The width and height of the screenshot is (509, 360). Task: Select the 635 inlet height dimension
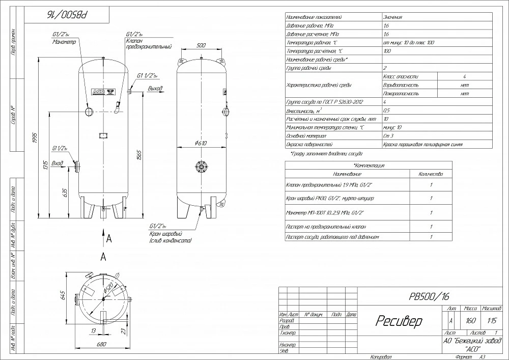click(x=65, y=192)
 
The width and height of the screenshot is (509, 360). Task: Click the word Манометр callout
click(x=64, y=42)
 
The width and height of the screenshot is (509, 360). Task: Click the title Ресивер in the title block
click(x=399, y=321)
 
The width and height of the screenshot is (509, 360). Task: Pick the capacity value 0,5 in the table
click(x=387, y=110)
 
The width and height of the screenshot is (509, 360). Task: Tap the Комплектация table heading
click(x=369, y=166)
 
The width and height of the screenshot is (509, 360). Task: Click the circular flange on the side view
click(x=201, y=166)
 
